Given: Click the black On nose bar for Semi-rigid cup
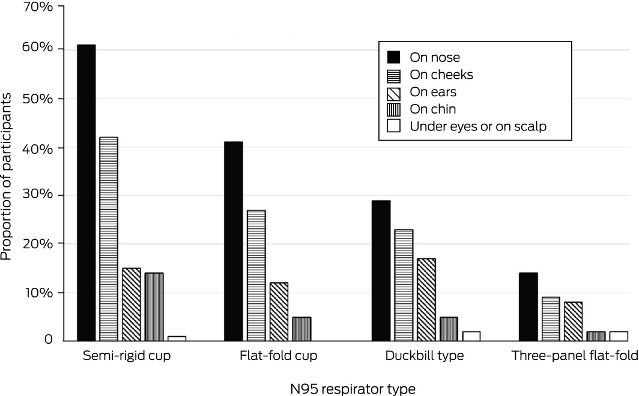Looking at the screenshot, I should (86, 192).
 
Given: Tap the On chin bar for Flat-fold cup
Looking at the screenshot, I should (302, 329).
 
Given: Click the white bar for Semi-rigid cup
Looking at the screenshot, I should (177, 338).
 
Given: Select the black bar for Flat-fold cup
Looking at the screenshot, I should (233, 241).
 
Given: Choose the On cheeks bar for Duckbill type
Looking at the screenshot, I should (404, 285).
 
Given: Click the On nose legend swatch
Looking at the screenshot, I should (394, 58).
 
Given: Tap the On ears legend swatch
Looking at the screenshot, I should (394, 92).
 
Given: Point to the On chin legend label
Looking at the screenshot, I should (432, 109).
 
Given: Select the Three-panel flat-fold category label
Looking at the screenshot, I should (574, 356).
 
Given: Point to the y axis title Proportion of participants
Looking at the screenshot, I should (7, 174).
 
